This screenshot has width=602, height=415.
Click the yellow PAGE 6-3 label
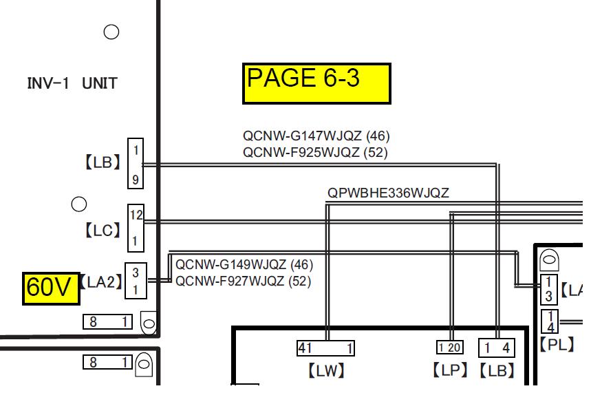[x=316, y=84]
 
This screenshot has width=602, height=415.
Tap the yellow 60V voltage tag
[x=51, y=288]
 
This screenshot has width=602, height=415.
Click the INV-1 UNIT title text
[x=72, y=83]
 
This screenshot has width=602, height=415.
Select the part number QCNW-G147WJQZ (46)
[x=316, y=136]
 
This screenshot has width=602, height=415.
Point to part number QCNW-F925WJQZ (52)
[x=315, y=152]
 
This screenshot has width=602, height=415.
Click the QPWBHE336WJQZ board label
[x=388, y=193]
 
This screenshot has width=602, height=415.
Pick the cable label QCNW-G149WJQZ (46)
[x=244, y=264]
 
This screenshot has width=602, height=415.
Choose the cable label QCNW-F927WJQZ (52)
[x=243, y=281]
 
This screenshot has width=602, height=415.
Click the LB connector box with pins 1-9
[x=136, y=164]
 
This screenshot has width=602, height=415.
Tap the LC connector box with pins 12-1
[x=136, y=228]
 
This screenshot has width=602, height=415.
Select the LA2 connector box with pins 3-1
[x=136, y=281]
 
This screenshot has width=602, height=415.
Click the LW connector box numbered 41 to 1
[x=325, y=348]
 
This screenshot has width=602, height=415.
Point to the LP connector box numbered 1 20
[x=450, y=348]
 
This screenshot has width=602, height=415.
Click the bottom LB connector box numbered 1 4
[x=497, y=348]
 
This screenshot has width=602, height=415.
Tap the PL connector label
[x=557, y=344]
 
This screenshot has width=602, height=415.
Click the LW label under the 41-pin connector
[x=326, y=371]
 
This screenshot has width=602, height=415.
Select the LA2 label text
[x=100, y=282]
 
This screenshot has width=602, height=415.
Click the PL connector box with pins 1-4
[x=550, y=321]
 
